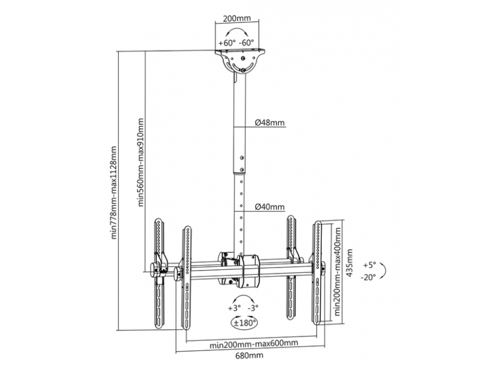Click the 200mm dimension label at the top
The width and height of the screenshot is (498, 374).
[237, 18]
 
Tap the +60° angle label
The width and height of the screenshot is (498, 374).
[227, 43]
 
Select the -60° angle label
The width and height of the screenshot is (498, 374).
[247, 43]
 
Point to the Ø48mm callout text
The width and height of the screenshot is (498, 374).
[270, 122]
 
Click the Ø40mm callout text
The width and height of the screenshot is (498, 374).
[270, 207]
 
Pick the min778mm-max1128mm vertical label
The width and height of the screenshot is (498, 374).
[114, 193]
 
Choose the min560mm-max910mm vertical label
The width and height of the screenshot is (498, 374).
[141, 163]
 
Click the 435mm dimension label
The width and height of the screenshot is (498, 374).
[349, 262]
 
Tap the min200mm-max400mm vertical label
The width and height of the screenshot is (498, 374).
[337, 271]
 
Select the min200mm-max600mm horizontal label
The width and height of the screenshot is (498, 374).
[254, 343]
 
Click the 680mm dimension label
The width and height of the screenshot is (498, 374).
[250, 355]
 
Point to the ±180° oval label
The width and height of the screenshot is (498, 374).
[244, 323]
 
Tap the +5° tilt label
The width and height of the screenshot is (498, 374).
[370, 264]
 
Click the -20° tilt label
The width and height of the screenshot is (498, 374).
[369, 277]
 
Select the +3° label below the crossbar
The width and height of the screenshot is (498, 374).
[235, 308]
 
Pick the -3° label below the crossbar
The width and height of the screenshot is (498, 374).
[253, 308]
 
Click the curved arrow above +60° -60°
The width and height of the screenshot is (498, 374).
[237, 29]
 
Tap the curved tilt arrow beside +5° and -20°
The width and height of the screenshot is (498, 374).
[385, 271]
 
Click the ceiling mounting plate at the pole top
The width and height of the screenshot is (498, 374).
[240, 50]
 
